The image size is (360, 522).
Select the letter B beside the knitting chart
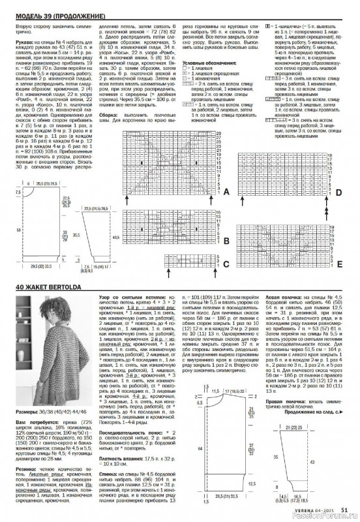226,241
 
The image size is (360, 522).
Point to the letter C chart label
226,264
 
